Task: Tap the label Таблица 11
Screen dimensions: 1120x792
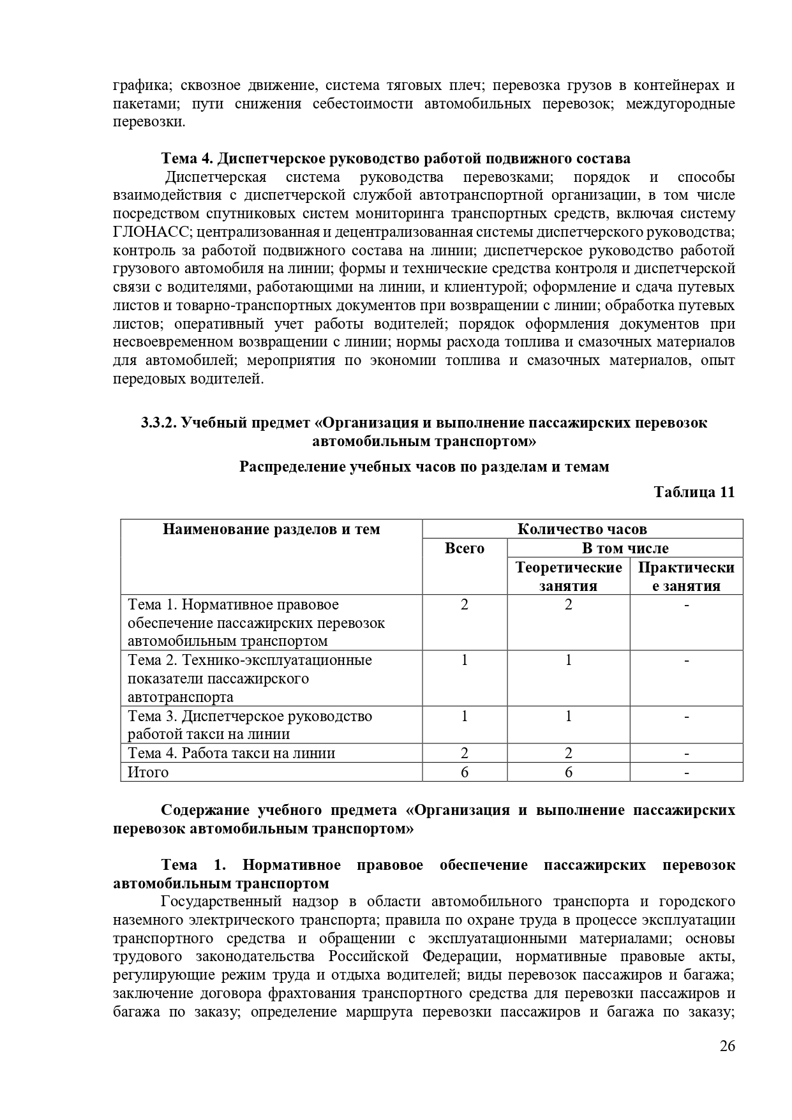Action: (x=694, y=492)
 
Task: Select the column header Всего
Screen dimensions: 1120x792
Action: (x=464, y=548)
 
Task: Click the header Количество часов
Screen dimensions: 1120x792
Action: (x=582, y=529)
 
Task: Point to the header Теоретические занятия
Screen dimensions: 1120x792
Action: (x=568, y=576)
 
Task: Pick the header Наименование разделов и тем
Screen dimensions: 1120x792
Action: (x=271, y=529)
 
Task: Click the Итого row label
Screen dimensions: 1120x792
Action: (x=148, y=772)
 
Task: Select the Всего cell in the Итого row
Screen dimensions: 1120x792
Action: (x=464, y=772)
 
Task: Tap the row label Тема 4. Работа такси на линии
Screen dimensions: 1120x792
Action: (x=232, y=753)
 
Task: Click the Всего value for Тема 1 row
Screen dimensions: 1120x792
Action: (x=464, y=604)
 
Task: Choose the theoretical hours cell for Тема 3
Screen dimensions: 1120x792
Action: (x=568, y=716)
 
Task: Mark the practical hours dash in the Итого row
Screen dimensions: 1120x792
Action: (x=686, y=772)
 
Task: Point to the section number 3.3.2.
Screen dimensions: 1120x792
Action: (x=158, y=422)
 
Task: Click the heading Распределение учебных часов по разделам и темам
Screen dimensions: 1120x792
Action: (x=424, y=467)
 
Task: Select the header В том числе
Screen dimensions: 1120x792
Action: (x=625, y=548)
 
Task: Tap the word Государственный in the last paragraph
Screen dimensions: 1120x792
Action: (x=221, y=902)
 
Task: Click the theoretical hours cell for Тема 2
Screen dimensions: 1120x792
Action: (x=568, y=660)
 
